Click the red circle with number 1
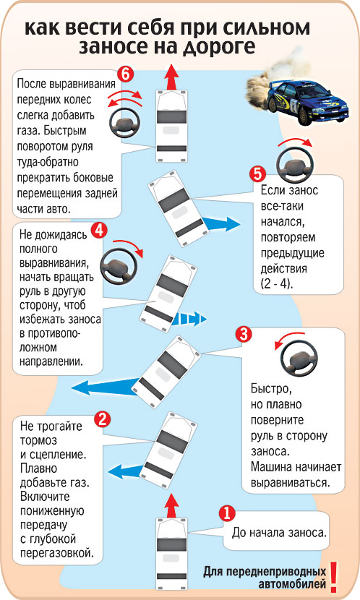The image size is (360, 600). (x=226, y=513)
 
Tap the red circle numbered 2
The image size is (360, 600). (x=102, y=420)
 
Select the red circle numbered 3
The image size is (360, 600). (x=244, y=335)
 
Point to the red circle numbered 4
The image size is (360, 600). (x=99, y=231)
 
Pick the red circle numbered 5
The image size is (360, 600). (x=257, y=174)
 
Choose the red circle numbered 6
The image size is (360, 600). (x=126, y=74)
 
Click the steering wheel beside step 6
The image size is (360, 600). (x=125, y=123)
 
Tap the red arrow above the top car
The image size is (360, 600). (x=172, y=77)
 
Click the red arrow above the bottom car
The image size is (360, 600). (x=172, y=505)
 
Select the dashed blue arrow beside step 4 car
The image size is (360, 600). (x=189, y=318)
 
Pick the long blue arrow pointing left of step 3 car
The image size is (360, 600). (x=105, y=387)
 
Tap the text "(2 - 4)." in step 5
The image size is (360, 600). (x=277, y=284)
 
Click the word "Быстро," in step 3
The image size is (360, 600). (x=271, y=389)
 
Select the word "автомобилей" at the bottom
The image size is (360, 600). (x=292, y=584)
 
